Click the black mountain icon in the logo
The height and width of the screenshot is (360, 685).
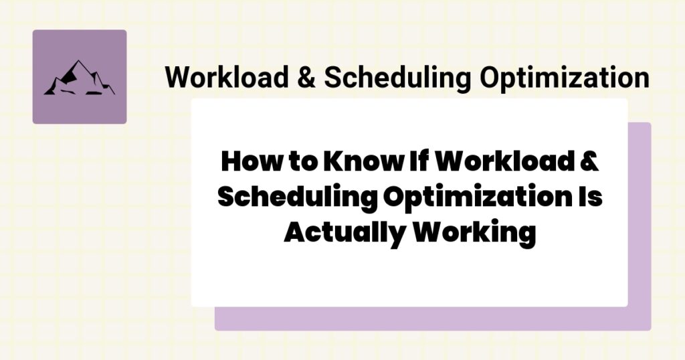click(79, 78)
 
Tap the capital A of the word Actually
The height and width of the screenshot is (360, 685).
click(295, 234)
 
